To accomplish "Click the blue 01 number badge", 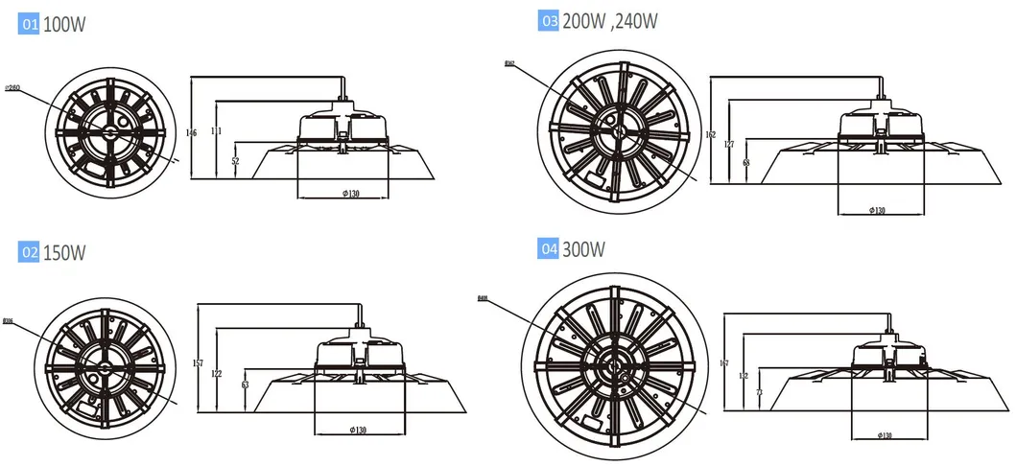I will [29, 26].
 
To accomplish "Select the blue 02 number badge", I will [29, 253].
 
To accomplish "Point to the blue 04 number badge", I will [549, 249].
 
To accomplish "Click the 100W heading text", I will [64, 26].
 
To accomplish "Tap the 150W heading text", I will [65, 253].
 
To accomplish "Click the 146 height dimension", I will [191, 133].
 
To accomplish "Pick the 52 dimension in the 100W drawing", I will [236, 161].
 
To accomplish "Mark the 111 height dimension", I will [215, 131].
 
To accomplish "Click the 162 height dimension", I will [710, 135].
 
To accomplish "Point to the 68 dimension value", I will [745, 163].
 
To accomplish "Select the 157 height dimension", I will [199, 363].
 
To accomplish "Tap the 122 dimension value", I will [220, 373].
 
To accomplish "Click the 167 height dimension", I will [723, 362].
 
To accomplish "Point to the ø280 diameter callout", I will [13, 88].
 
